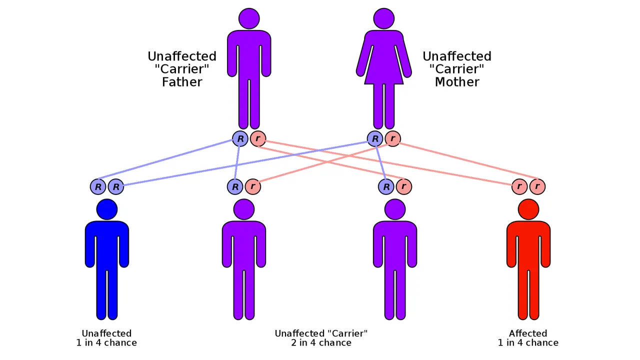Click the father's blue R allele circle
tap(240, 138)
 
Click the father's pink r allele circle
tap(258, 138)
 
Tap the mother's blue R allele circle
tap(375, 138)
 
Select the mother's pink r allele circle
tap(393, 138)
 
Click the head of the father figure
tap(249, 18)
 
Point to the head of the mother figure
tap(384, 18)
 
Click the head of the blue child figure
tap(107, 209)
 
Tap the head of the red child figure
tap(528, 209)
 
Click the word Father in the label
tap(182, 82)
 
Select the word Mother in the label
tap(457, 82)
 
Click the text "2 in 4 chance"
tap(321, 343)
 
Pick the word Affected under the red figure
tap(528, 333)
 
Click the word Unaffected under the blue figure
tap(106, 333)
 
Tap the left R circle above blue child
tap(98, 187)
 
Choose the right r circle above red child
tap(537, 187)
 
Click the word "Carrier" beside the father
tap(182, 69)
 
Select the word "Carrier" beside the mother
tap(457, 69)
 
